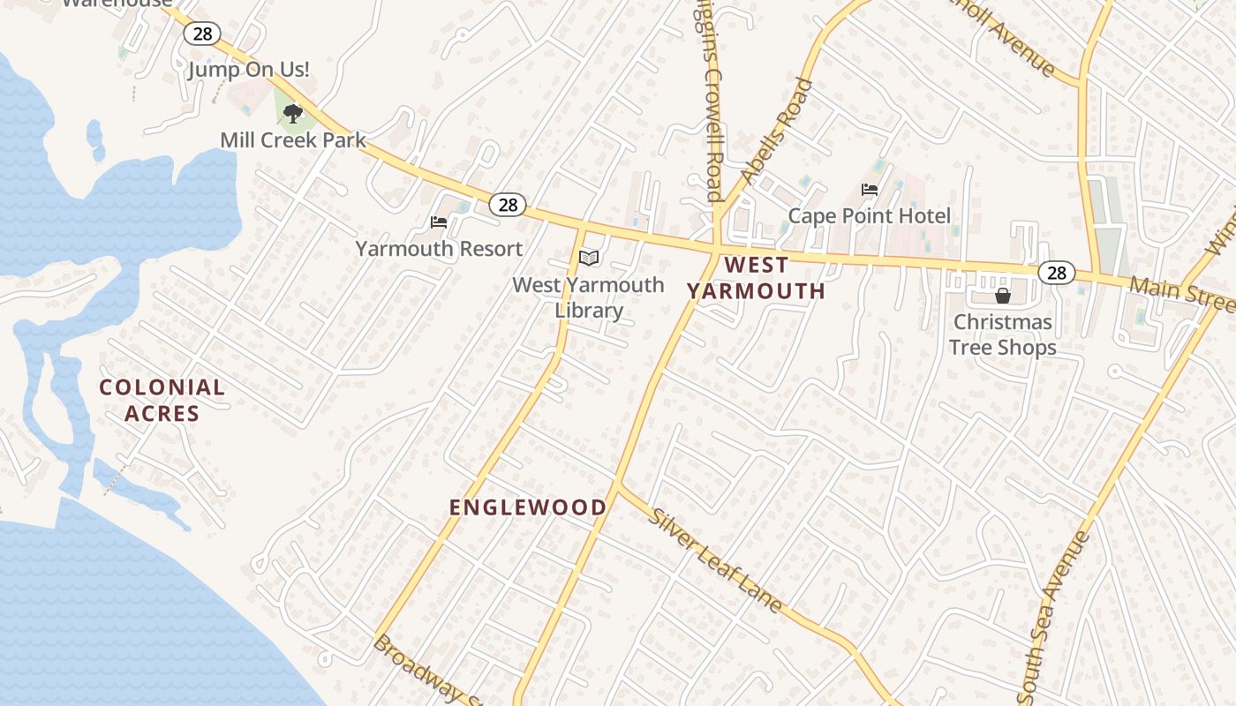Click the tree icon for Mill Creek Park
click(293, 113)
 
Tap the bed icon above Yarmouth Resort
click(439, 222)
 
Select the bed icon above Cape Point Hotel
click(870, 190)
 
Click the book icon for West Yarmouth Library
click(589, 258)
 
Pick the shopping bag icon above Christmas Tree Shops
click(1002, 295)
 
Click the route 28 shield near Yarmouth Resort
click(508, 205)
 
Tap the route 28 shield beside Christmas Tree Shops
click(1056, 273)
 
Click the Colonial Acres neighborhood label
click(162, 400)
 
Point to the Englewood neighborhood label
click(528, 507)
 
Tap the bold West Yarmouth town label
click(756, 278)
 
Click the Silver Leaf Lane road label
click(716, 560)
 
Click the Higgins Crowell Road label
click(710, 97)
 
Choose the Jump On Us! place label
click(248, 70)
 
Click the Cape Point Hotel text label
click(870, 216)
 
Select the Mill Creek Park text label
click(293, 140)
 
